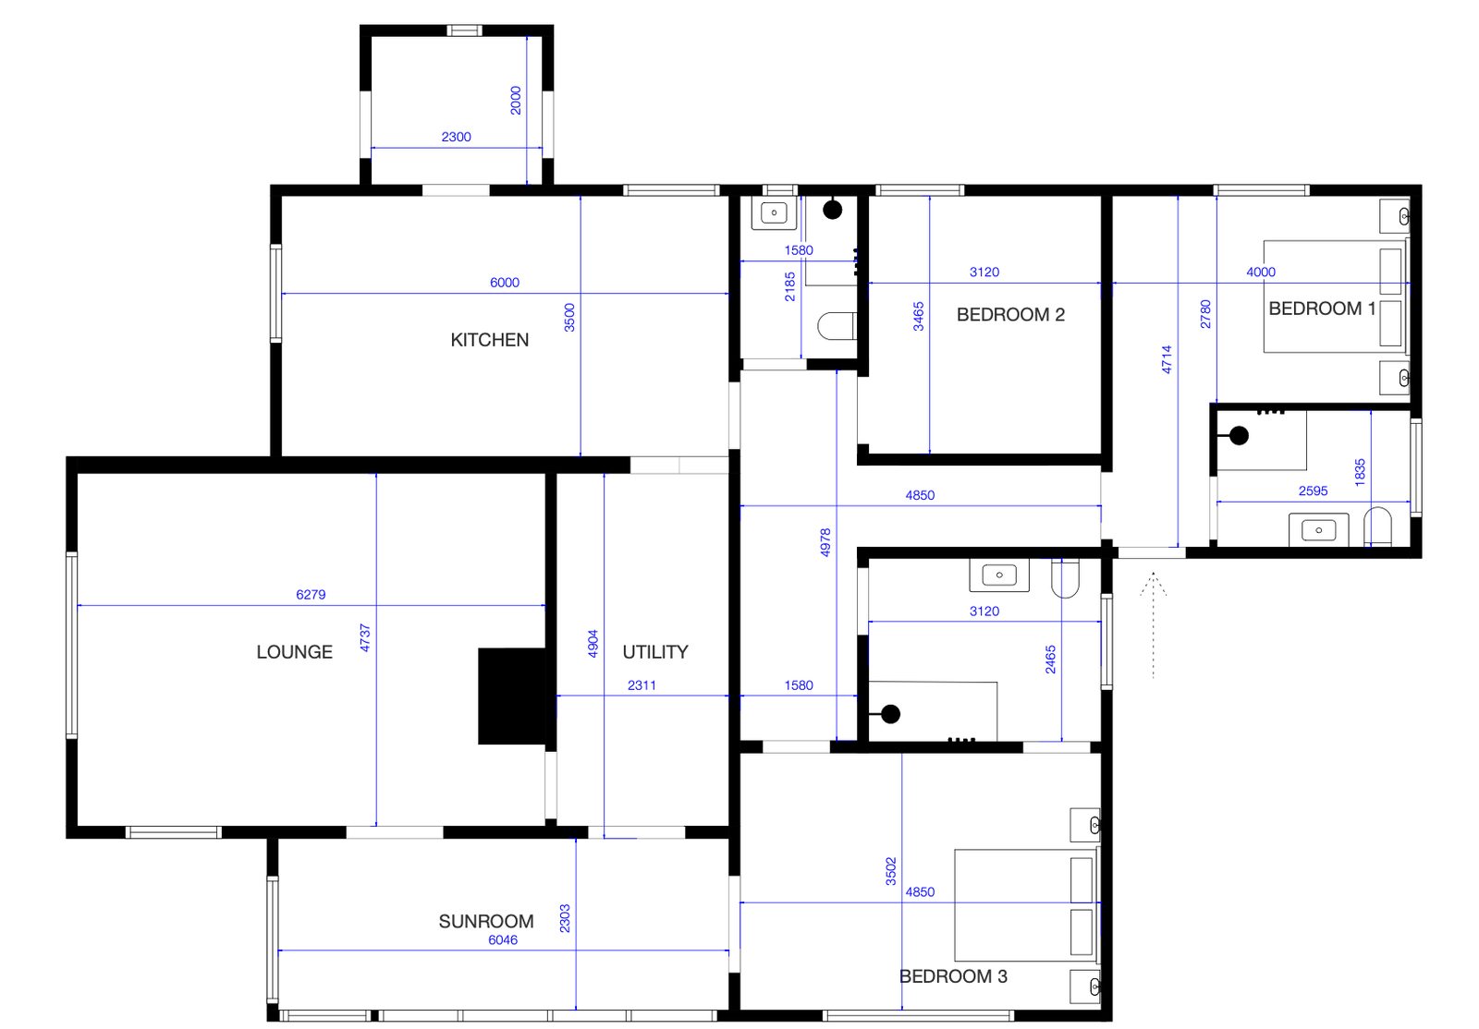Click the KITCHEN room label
click(489, 340)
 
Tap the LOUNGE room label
click(295, 652)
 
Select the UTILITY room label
click(655, 652)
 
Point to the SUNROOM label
click(486, 922)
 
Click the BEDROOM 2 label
click(1010, 315)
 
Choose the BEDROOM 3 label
click(953, 977)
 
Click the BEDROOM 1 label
click(1322, 309)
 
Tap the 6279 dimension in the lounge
click(311, 595)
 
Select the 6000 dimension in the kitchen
click(505, 283)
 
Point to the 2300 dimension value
click(457, 138)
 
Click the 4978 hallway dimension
click(825, 543)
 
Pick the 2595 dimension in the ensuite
click(1313, 491)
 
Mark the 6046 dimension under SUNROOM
click(503, 940)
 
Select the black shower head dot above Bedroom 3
click(891, 714)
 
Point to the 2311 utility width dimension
click(642, 686)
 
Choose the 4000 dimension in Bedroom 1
click(1261, 272)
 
